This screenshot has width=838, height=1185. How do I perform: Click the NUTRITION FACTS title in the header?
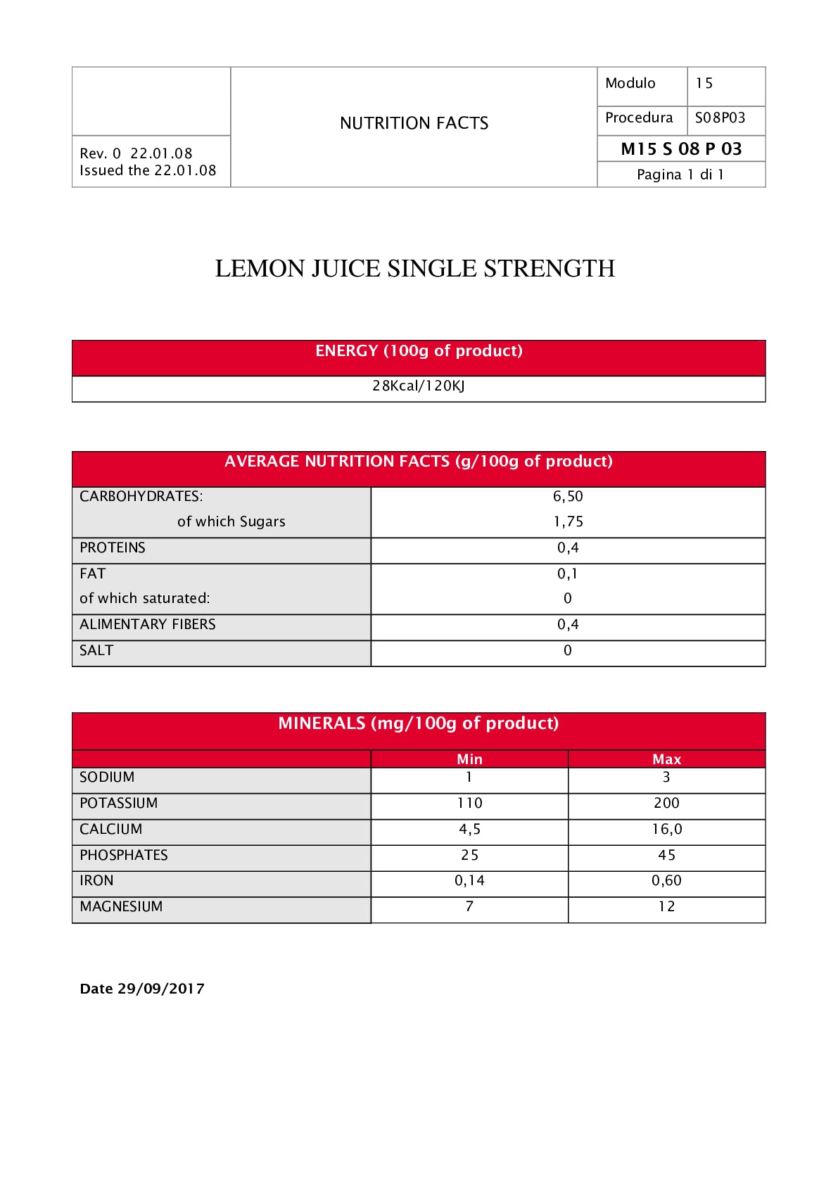pyautogui.click(x=414, y=123)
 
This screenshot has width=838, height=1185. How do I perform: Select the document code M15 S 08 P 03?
pyautogui.click(x=681, y=148)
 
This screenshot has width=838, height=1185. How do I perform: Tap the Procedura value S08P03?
pyautogui.click(x=720, y=118)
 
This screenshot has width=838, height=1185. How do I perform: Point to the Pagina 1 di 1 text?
pyautogui.click(x=680, y=175)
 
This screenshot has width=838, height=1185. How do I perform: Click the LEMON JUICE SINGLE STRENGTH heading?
pyautogui.click(x=414, y=268)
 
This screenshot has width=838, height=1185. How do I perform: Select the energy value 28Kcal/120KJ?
pyautogui.click(x=419, y=386)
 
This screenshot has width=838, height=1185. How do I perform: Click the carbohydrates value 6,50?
pyautogui.click(x=568, y=496)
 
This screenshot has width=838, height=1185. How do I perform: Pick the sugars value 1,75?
pyautogui.click(x=568, y=521)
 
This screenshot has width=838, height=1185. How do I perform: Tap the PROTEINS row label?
pyautogui.click(x=113, y=547)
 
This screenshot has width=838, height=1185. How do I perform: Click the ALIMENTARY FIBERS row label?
pyautogui.click(x=148, y=624)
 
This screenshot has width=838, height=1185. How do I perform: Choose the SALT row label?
pyautogui.click(x=96, y=650)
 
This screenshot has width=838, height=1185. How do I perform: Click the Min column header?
pyautogui.click(x=469, y=759)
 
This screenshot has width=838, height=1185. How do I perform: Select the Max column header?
pyautogui.click(x=666, y=759)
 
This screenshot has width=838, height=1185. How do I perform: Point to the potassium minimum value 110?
pyautogui.click(x=469, y=803)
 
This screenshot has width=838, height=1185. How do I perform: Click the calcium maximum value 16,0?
pyautogui.click(x=666, y=829)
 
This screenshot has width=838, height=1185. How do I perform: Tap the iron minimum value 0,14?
pyautogui.click(x=469, y=880)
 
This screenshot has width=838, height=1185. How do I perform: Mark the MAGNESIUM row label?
pyautogui.click(x=121, y=906)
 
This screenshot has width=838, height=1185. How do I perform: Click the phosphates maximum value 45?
pyautogui.click(x=666, y=855)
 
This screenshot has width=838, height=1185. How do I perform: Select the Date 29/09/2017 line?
pyautogui.click(x=142, y=989)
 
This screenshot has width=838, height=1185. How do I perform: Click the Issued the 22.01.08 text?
pyautogui.click(x=148, y=170)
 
